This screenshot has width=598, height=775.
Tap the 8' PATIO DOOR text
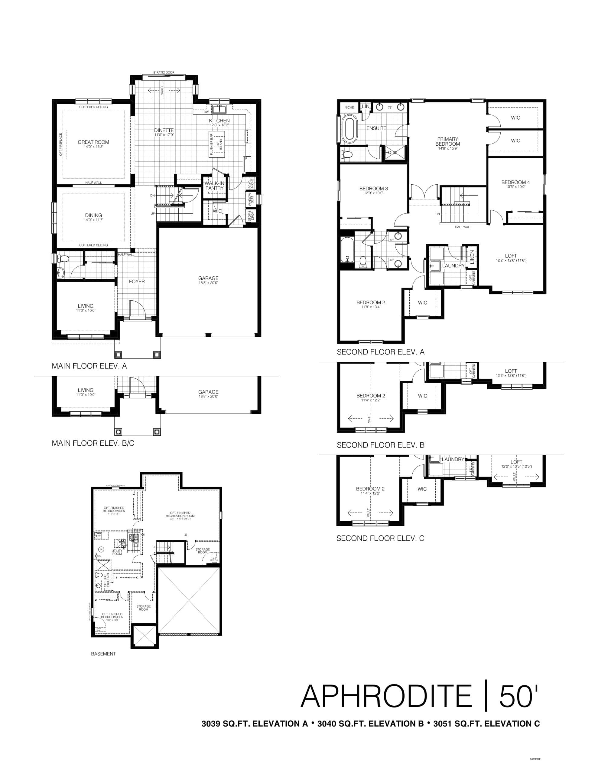pos(164,72)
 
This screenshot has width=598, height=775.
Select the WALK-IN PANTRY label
pos(214,186)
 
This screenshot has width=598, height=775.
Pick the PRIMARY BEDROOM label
pos(448,141)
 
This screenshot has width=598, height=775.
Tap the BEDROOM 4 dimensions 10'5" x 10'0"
pos(515,187)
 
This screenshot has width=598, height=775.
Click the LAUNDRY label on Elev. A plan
pos(453,265)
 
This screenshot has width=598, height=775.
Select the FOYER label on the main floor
pos(137,282)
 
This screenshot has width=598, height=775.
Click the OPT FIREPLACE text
pos(60,144)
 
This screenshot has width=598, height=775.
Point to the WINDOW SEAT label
pos(251,199)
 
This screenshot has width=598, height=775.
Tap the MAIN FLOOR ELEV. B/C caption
pos(93,443)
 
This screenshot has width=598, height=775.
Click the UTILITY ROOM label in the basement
pos(117,552)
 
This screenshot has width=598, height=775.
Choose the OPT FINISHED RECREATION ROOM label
pos(180,514)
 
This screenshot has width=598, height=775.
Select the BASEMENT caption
pos(103,654)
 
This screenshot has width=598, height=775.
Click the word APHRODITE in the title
pos(386,696)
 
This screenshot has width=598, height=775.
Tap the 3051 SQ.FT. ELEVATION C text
pos(486,724)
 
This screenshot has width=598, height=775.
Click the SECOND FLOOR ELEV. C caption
pos(380,538)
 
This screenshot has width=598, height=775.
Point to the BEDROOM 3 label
pos(373,188)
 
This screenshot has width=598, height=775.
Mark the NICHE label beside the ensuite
pos(349,107)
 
